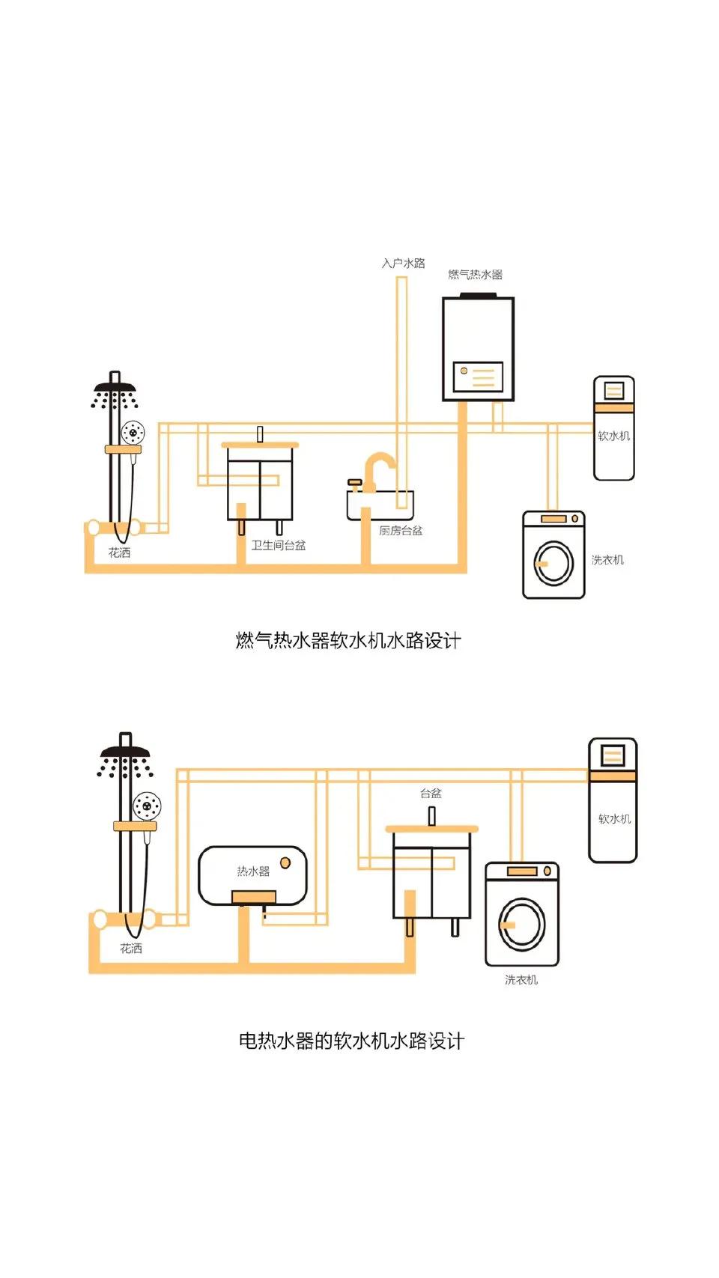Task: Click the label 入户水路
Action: tap(403, 264)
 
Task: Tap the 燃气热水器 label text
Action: tap(475, 275)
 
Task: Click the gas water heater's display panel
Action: tap(478, 377)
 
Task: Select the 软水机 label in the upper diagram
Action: tap(613, 436)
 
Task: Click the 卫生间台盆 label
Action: tap(278, 545)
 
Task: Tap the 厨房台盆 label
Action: tap(401, 530)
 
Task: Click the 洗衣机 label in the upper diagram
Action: tap(607, 559)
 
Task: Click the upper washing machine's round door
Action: tap(553, 563)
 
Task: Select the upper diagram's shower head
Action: tap(115, 389)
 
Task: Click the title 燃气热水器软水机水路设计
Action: tap(348, 641)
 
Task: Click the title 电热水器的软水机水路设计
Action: tap(351, 1041)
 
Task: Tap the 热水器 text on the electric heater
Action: tap(253, 871)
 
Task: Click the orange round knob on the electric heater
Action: tap(285, 863)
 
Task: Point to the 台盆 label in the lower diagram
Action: tap(431, 793)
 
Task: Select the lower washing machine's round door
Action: tap(522, 924)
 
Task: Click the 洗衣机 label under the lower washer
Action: tap(521, 979)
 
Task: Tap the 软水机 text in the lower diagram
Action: tap(614, 819)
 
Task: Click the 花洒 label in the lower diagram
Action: tap(131, 949)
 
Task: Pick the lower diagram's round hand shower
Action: tap(147, 806)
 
